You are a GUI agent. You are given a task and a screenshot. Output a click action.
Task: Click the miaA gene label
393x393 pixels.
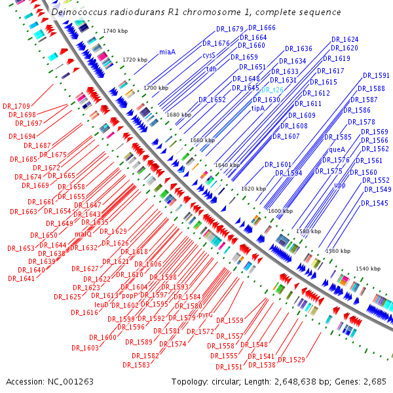pyautogui.click(x=168, y=52)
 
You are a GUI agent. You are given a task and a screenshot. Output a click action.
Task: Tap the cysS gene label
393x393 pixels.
pyautogui.click(x=209, y=56)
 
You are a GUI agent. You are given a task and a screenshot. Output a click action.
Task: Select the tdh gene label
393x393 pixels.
pyautogui.click(x=212, y=69)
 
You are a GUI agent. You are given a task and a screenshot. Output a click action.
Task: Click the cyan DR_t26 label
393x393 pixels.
pyautogui.click(x=272, y=90)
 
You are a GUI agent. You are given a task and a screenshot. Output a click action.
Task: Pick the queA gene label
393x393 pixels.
pyautogui.click(x=337, y=149)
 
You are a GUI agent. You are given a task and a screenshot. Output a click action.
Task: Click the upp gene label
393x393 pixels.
pyautogui.click(x=340, y=185)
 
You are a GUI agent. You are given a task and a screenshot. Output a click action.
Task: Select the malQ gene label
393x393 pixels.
pyautogui.click(x=84, y=234)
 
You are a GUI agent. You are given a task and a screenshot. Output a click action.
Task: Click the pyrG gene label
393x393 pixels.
pyautogui.click(x=206, y=314)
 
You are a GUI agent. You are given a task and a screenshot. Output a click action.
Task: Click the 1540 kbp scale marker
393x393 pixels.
pyautogui.click(x=367, y=269)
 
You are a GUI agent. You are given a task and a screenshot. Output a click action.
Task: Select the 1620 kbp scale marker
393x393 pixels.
pyautogui.click(x=253, y=189)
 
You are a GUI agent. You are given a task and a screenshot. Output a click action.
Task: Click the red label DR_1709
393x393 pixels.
pyautogui.click(x=16, y=106)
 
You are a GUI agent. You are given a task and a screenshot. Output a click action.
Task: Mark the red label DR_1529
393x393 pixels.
pyautogui.click(x=291, y=360)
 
